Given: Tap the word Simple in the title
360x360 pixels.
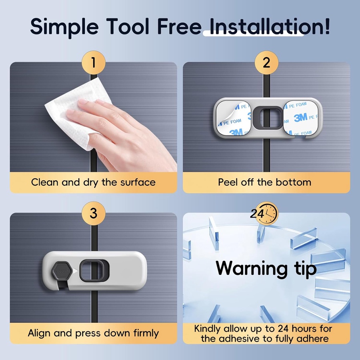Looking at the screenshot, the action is point(64,27).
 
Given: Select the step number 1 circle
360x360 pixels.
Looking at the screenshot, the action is point(94,62).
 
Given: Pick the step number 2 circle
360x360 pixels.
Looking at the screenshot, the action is point(266,62).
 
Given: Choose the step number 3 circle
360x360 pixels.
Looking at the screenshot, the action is point(94,213).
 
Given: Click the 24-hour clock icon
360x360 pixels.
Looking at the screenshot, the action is point(264,214).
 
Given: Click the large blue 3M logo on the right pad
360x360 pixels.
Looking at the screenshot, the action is point(300,118).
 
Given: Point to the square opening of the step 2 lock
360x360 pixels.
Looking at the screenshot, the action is point(268,117).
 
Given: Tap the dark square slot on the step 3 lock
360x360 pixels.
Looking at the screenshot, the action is point(94,271).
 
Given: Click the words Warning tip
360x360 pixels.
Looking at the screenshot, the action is point(266,269).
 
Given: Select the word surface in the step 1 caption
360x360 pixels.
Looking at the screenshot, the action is point(138,182).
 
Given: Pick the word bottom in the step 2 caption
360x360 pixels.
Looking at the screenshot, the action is point(294,182).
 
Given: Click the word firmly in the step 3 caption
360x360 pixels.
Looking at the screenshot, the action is point(146,333).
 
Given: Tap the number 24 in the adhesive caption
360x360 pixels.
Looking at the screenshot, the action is point(284,328).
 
